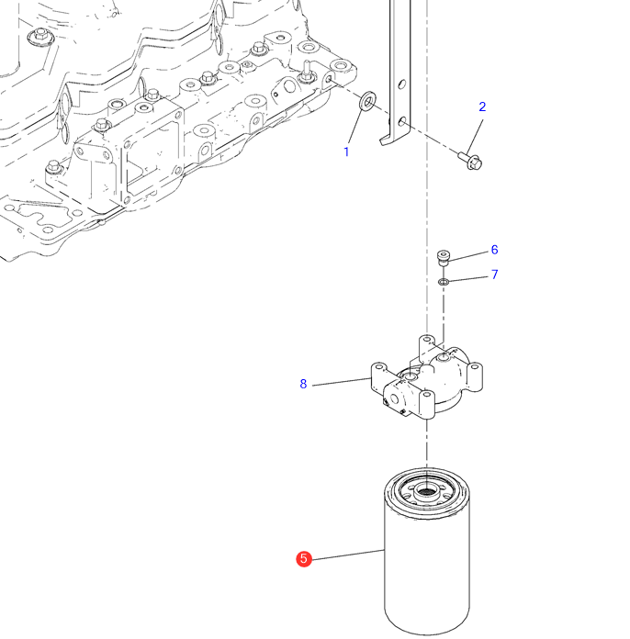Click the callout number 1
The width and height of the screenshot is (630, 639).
(x=346, y=151)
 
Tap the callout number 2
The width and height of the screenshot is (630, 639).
(x=482, y=106)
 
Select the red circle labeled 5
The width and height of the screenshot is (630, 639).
(x=304, y=558)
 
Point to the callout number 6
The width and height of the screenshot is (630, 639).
(x=494, y=250)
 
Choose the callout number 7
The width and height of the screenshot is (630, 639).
(x=494, y=275)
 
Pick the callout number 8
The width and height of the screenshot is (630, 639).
(x=303, y=384)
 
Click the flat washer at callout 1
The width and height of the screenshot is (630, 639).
(x=366, y=99)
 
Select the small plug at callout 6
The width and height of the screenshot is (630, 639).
(x=444, y=255)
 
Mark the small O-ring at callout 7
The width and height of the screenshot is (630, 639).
(x=444, y=281)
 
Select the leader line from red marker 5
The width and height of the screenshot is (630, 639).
(x=349, y=555)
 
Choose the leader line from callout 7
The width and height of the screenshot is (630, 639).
(x=467, y=277)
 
